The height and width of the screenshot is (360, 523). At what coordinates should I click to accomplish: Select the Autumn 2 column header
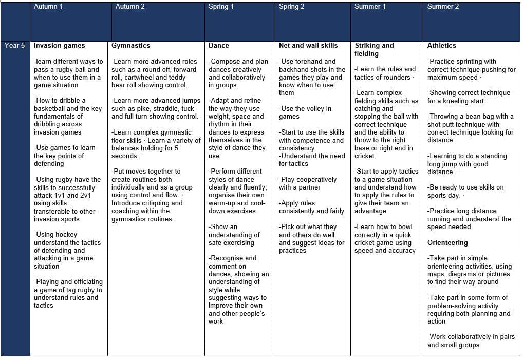click(x=130, y=7)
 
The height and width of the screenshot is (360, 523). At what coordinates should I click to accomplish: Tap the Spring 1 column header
click(x=221, y=7)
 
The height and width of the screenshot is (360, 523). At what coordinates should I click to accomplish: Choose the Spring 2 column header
click(x=291, y=7)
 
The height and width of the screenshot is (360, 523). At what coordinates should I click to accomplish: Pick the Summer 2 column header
click(x=443, y=7)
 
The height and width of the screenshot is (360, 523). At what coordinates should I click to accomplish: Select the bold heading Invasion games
click(x=59, y=46)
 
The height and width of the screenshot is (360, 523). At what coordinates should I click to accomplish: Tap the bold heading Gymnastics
click(x=130, y=46)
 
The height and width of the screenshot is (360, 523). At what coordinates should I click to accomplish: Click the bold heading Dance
click(x=219, y=46)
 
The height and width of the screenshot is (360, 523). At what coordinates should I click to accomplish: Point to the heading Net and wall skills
click(x=308, y=46)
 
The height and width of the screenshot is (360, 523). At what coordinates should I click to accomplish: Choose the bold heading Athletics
click(x=442, y=46)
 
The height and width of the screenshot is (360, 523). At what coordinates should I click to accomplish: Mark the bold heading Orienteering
click(x=447, y=242)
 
